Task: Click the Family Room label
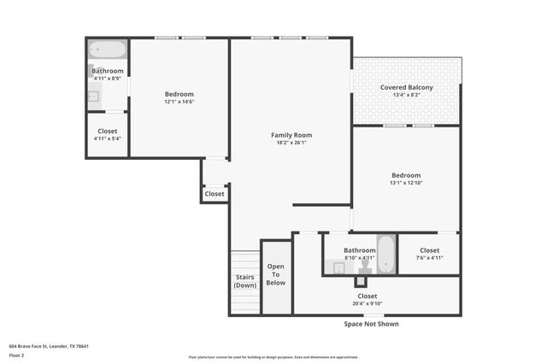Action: pyautogui.click(x=291, y=135)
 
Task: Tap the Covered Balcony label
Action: pyautogui.click(x=406, y=87)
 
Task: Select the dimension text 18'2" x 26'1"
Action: pyautogui.click(x=291, y=143)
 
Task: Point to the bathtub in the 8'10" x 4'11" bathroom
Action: pyautogui.click(x=385, y=254)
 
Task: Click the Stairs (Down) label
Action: pyautogui.click(x=245, y=281)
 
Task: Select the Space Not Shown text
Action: pyautogui.click(x=371, y=324)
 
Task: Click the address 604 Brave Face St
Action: pyautogui.click(x=49, y=346)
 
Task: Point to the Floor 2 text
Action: pyautogui.click(x=17, y=355)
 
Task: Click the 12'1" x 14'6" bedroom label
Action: pyautogui.click(x=179, y=94)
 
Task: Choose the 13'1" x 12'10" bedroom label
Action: pyautogui.click(x=406, y=175)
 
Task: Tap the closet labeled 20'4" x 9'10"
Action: pyautogui.click(x=367, y=296)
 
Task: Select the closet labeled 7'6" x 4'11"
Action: pyautogui.click(x=429, y=250)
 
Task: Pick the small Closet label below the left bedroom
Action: pyautogui.click(x=215, y=194)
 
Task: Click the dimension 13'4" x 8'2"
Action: pyautogui.click(x=406, y=96)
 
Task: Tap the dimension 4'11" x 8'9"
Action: pyautogui.click(x=108, y=78)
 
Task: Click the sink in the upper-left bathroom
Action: pyautogui.click(x=92, y=96)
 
